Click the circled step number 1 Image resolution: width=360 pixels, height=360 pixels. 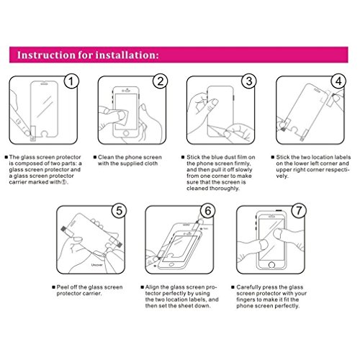71,81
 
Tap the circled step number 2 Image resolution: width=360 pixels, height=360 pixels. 160,81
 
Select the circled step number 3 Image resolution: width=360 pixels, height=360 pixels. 249,81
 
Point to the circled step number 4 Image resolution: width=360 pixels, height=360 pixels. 338,81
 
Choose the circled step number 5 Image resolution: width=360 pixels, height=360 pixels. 120,211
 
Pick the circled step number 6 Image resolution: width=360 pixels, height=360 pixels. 208,211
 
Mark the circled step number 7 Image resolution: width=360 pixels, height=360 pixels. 299,211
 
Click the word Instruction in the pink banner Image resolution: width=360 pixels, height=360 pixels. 47,55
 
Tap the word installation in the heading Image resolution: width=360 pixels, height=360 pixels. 127,55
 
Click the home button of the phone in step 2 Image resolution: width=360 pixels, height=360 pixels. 126,133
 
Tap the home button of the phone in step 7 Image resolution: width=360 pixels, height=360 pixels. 271,265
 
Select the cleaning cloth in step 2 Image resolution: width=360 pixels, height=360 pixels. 120,117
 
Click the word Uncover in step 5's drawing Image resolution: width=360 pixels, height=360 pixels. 96,265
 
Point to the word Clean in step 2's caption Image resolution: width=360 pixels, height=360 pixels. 106,157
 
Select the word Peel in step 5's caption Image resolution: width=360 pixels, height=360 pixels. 62,287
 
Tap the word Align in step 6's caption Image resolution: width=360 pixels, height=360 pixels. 152,287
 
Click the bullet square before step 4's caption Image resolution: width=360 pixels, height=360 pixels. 273,157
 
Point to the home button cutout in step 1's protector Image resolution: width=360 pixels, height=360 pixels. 45,133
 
